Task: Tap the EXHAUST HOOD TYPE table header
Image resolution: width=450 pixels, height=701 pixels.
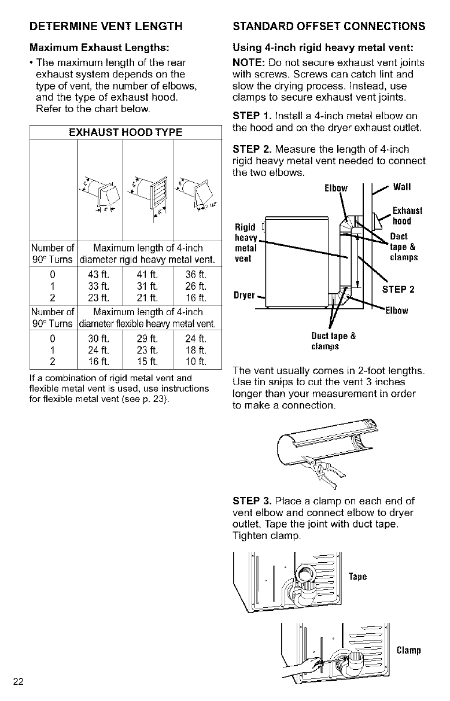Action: tap(126, 132)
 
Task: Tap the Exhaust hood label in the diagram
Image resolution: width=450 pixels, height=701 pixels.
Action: tap(407, 215)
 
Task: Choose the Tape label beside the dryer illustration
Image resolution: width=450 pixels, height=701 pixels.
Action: tap(359, 577)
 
